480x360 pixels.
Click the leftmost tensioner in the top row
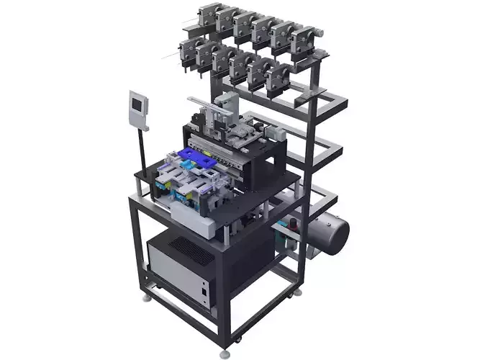209,15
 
